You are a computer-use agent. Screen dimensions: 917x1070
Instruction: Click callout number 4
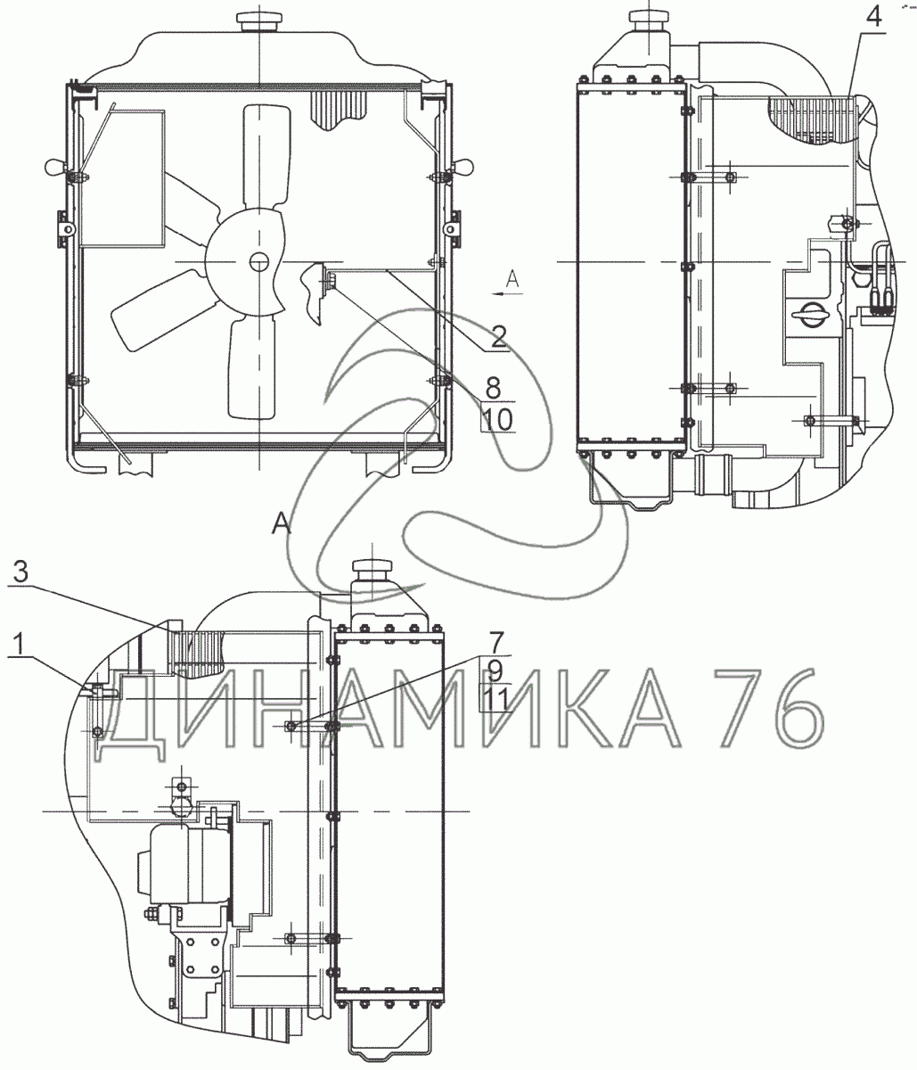point(873,18)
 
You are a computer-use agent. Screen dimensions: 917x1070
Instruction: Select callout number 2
point(498,337)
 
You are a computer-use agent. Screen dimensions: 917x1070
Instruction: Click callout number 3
point(20,572)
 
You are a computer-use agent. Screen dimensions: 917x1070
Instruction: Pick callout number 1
point(19,644)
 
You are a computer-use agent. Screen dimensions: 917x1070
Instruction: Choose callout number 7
point(495,642)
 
